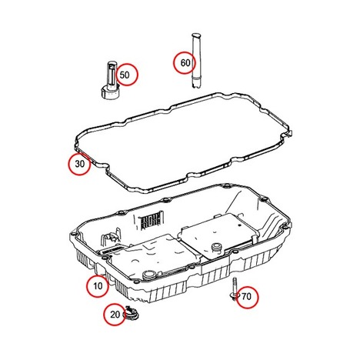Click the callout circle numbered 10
click(x=98, y=286)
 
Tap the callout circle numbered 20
click(x=115, y=315)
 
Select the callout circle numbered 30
click(x=79, y=164)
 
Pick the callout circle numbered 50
click(x=127, y=75)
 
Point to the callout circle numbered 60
click(x=184, y=63)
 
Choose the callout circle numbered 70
click(x=247, y=297)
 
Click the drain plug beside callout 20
click(x=132, y=314)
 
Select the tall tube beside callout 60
click(x=196, y=61)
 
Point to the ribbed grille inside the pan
click(x=152, y=220)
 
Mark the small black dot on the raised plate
click(x=239, y=225)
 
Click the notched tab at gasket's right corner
click(x=289, y=133)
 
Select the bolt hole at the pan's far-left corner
click(x=74, y=234)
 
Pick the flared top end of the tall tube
click(x=195, y=35)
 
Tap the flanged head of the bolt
click(x=234, y=296)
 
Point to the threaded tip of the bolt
click(x=235, y=279)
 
